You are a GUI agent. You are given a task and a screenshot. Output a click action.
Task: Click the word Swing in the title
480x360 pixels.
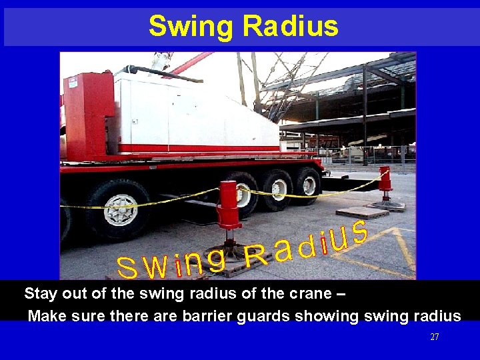(x=191, y=27)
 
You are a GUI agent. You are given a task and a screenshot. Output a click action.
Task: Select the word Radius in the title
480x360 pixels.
(x=291, y=27)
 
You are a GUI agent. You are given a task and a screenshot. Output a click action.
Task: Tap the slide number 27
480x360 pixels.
(x=435, y=337)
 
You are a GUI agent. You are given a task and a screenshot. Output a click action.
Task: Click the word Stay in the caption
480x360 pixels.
(x=41, y=294)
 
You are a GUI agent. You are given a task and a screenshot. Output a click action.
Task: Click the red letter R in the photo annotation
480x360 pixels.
(x=256, y=256)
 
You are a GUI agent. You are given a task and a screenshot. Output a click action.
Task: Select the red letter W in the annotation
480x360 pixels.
(x=156, y=268)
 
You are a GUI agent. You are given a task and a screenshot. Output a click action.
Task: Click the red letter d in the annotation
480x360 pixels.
(x=305, y=246)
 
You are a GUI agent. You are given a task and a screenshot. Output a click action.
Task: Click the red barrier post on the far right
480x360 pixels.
(x=385, y=183)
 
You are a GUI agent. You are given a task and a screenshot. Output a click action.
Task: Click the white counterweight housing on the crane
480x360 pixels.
(x=193, y=110)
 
